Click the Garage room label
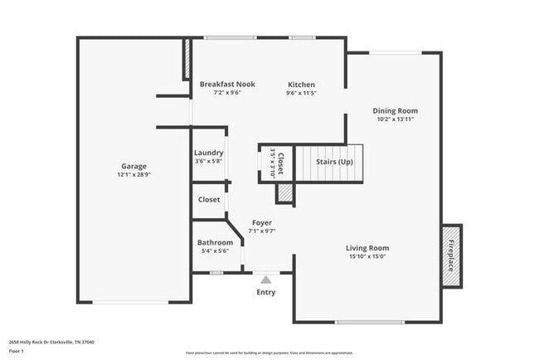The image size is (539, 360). click(134, 166)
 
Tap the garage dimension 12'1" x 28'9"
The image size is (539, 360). click(134, 175)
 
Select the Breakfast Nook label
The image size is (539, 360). click(227, 84)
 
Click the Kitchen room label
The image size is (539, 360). click(301, 85)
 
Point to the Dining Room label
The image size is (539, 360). click(395, 110)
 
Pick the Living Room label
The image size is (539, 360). click(367, 248)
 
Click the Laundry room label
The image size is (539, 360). click(208, 153)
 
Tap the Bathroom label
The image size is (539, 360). click(215, 242)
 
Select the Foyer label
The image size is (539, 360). click(262, 222)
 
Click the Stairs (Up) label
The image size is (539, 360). click(334, 161)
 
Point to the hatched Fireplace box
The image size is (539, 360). click(452, 255)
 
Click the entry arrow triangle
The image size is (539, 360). click(266, 280)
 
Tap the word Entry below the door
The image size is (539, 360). click(266, 292)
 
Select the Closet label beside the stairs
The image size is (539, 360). click(280, 163)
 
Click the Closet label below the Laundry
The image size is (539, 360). click(209, 200)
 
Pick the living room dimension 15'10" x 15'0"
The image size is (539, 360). click(367, 256)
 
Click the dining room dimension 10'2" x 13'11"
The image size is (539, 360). click(395, 119)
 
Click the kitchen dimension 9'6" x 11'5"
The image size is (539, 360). click(301, 93)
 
